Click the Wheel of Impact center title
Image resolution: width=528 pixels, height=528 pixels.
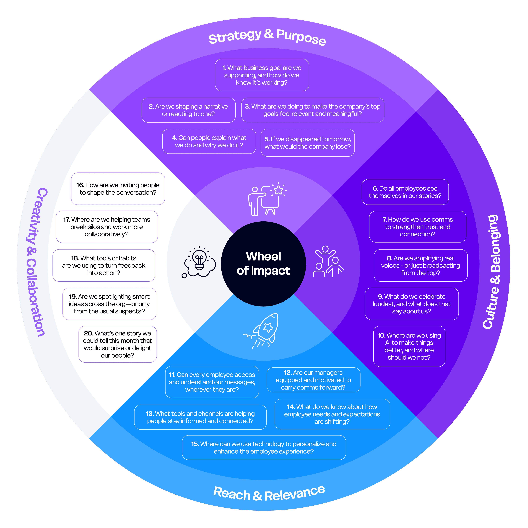pos(263,263)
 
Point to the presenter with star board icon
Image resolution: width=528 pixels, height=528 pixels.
pos(266,199)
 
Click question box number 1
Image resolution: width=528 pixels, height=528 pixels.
pos(262,75)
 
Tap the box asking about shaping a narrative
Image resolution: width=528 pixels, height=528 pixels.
pos(188,110)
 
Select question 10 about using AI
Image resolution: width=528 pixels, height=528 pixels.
pos(409,346)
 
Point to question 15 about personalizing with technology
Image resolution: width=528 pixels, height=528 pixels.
pos(264,447)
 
